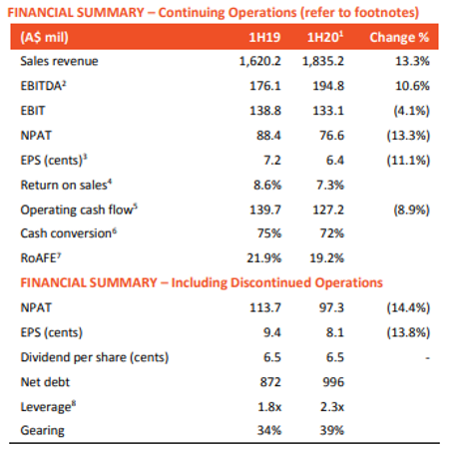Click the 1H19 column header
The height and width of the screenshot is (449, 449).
tap(264, 37)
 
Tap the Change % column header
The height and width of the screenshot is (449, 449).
tap(399, 37)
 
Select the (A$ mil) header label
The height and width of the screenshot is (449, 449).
tap(44, 37)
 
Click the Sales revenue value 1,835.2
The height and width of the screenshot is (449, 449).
tap(323, 61)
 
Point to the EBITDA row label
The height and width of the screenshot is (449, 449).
tap(43, 86)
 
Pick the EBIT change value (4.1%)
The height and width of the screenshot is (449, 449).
tap(412, 111)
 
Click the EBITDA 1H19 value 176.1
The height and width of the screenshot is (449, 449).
tap(265, 86)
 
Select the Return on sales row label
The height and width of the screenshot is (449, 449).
tap(66, 185)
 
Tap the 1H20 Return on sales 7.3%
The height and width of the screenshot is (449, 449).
tap(330, 185)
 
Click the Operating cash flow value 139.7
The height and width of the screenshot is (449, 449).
tap(265, 210)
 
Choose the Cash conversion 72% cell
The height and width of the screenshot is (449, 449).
tap(332, 233)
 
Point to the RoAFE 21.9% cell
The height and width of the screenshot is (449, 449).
tap(264, 258)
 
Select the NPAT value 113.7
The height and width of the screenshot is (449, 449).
tap(265, 307)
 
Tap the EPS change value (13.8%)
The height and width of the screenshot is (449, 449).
tap(408, 332)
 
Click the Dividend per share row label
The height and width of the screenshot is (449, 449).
tap(95, 357)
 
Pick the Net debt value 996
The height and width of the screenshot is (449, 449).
tap(333, 382)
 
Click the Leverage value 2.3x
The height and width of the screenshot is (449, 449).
tap(332, 407)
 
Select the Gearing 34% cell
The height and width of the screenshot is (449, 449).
tap(269, 430)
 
